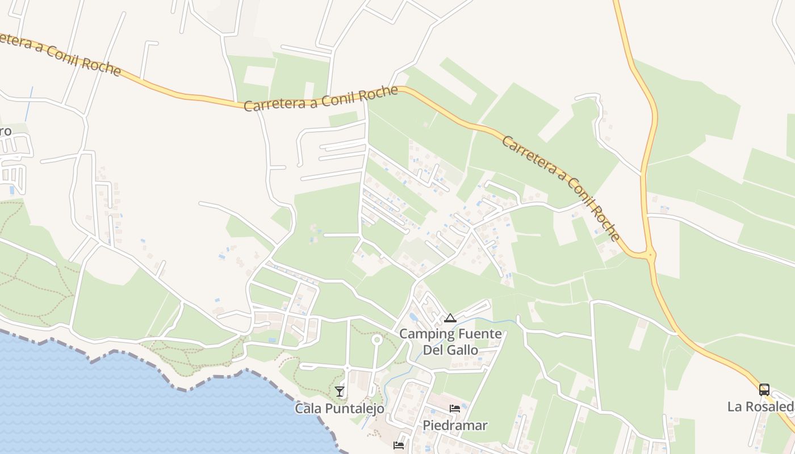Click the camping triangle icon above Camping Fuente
[450, 318]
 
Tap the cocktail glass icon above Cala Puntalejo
[340, 391]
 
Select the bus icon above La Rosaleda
[764, 390]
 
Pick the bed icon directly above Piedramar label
[455, 409]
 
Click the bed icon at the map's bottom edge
[399, 445]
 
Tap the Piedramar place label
[455, 425]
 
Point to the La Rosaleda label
[761, 407]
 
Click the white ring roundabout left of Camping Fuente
[376, 340]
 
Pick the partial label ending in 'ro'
[5, 132]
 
